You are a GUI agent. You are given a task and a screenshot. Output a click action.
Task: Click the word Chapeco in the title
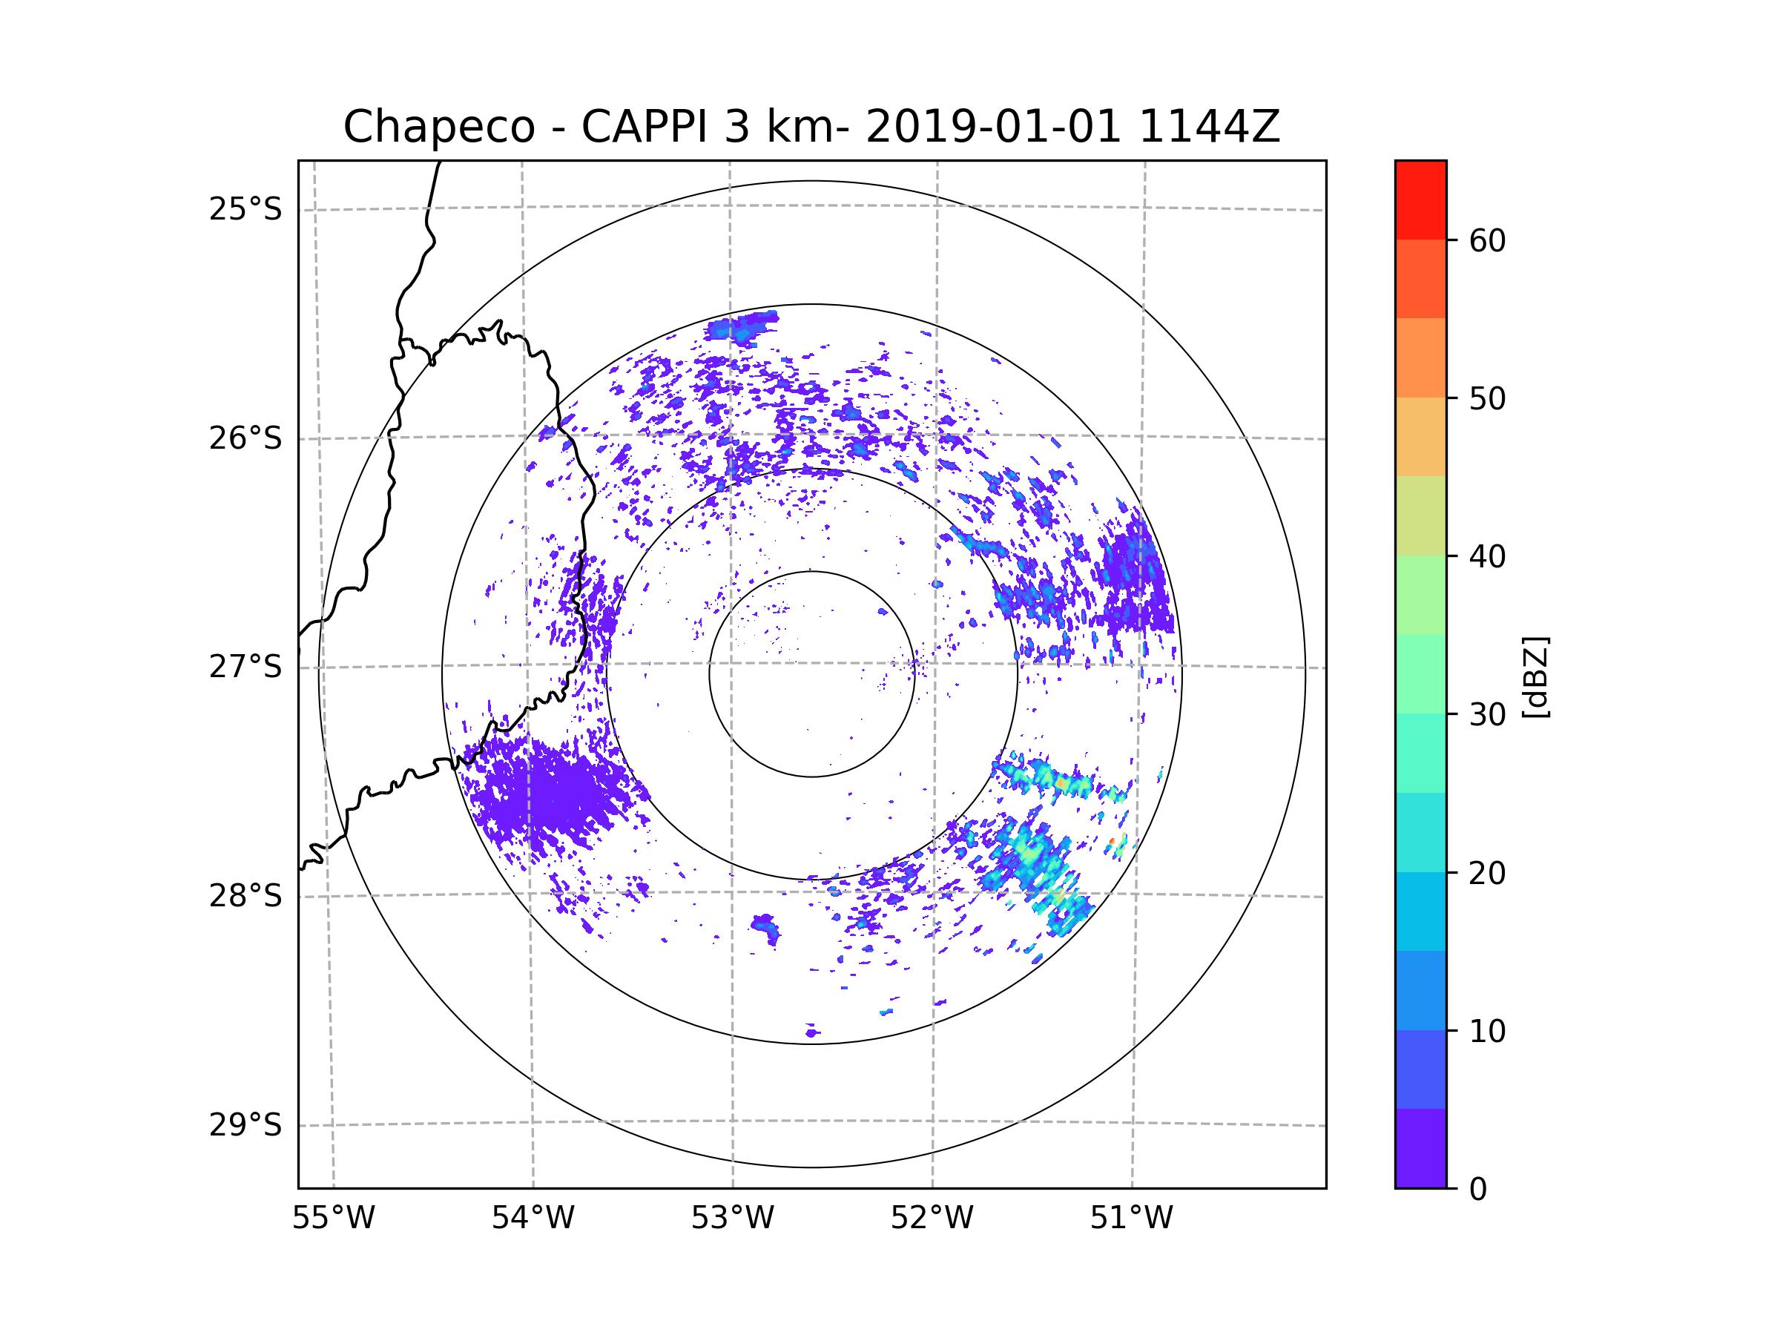[x=438, y=127]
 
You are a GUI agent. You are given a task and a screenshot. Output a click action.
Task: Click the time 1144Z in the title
[x=1209, y=127]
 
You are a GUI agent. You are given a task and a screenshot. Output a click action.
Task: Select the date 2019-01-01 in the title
[x=993, y=127]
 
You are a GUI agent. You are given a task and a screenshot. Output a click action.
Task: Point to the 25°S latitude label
[x=245, y=209]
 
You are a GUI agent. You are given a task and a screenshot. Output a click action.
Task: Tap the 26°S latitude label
[x=245, y=438]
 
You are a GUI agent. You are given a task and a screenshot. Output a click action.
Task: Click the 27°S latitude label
[x=245, y=667]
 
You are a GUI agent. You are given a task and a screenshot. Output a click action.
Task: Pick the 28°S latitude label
[x=245, y=896]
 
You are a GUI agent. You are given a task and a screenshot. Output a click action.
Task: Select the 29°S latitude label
[x=245, y=1125]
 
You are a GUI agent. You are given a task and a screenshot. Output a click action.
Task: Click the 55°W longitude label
[x=333, y=1219]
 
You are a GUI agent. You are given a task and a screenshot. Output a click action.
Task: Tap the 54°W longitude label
[x=533, y=1219]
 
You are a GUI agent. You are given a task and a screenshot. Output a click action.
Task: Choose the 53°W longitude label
[x=732, y=1219]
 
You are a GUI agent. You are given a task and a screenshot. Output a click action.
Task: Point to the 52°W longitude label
[x=932, y=1219]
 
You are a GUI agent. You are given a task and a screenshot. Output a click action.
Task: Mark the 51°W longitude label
[x=1131, y=1219]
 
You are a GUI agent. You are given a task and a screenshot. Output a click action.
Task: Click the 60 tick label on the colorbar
[x=1487, y=240]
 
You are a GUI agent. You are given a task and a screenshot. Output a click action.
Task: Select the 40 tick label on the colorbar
[x=1487, y=557]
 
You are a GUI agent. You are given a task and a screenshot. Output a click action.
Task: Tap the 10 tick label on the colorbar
[x=1487, y=1031]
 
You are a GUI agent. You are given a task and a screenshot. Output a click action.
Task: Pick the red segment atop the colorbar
[x=1420, y=200]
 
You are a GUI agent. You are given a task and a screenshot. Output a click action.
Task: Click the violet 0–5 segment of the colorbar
[x=1420, y=1148]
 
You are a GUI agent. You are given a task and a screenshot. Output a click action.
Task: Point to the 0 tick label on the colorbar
[x=1478, y=1190]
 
